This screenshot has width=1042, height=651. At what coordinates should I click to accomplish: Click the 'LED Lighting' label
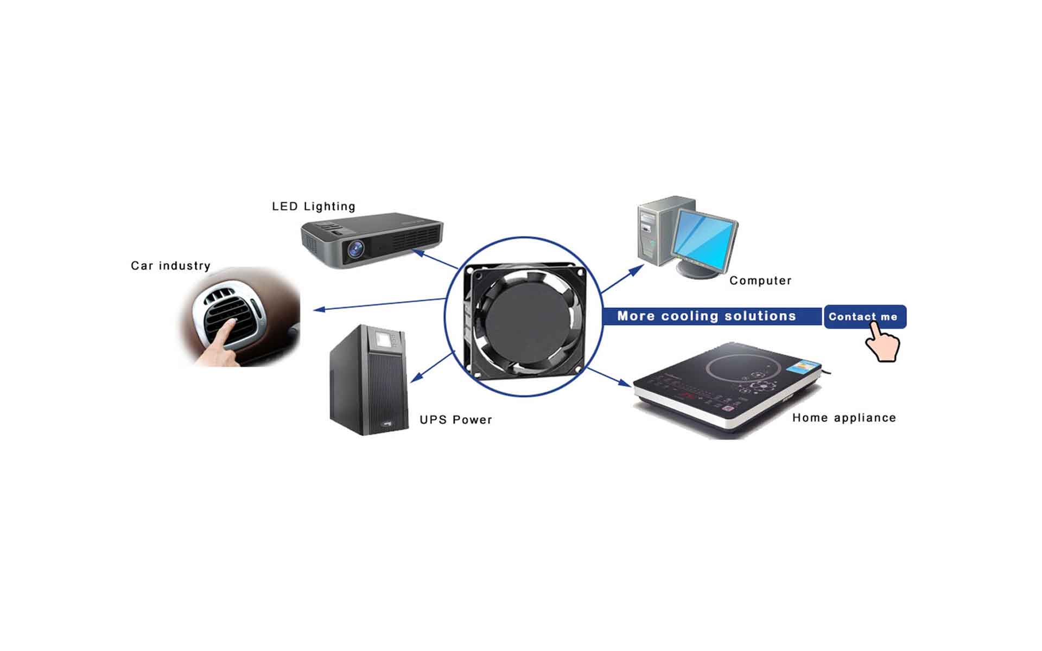(x=313, y=207)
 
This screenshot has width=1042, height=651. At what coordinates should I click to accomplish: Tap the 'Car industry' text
(x=170, y=266)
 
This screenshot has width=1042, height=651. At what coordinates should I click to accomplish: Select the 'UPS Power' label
(x=456, y=420)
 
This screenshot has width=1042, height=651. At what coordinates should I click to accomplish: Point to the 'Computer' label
(x=760, y=280)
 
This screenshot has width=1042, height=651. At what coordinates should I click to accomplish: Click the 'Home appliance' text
(x=844, y=418)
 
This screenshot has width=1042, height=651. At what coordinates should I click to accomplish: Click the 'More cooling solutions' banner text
(x=706, y=316)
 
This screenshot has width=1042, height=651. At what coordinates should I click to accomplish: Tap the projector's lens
(x=355, y=250)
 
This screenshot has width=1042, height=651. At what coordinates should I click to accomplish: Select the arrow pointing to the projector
(x=435, y=259)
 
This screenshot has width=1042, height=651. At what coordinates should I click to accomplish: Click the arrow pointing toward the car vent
(x=380, y=304)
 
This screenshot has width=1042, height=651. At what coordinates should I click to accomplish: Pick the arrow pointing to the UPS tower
(x=432, y=367)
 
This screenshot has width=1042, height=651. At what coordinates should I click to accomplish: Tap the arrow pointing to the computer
(x=622, y=279)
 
